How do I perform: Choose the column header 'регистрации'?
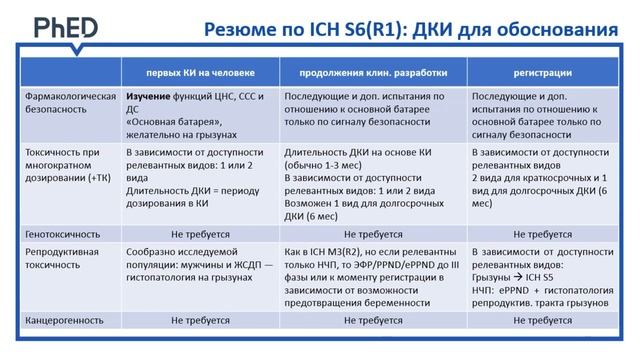pos(542,73)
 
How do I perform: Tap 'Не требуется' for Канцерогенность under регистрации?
pos(542,322)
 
